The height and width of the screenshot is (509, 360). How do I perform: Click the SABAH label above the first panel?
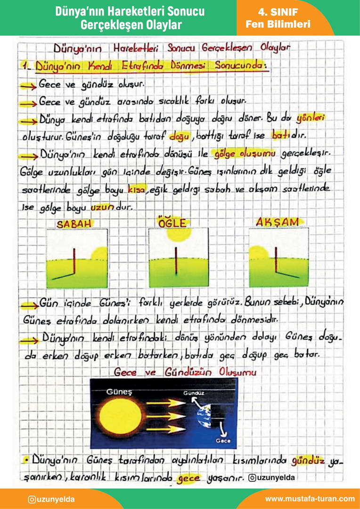click(x=74, y=224)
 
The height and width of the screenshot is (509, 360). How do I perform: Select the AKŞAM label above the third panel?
click(x=276, y=222)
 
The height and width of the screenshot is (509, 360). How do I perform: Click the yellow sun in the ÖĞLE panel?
click(x=182, y=234)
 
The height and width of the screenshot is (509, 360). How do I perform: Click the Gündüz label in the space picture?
click(x=194, y=392)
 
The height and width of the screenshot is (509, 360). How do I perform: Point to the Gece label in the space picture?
click(x=223, y=441)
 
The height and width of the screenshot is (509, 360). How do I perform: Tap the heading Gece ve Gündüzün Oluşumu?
click(x=185, y=372)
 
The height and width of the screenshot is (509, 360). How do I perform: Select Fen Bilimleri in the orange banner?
click(x=278, y=24)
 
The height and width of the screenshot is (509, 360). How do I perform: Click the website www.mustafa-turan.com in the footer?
click(x=310, y=499)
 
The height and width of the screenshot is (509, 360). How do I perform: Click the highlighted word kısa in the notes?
click(x=137, y=189)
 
